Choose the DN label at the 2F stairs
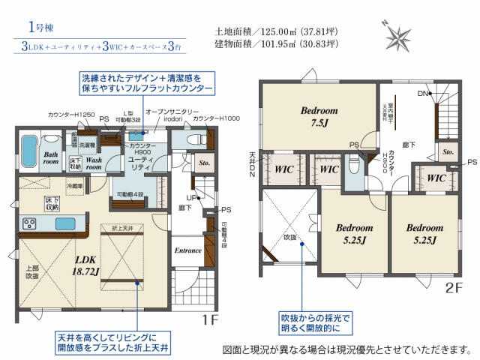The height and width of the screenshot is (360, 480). pos(424,94)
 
